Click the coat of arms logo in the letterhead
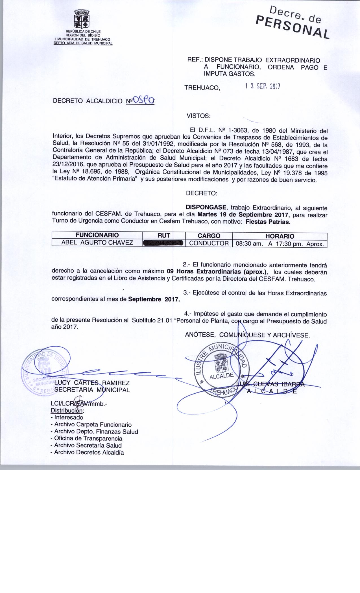(x=82, y=19)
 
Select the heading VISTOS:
(x=198, y=116)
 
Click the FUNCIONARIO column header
(x=97, y=235)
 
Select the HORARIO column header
(x=280, y=236)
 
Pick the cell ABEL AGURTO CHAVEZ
(x=97, y=243)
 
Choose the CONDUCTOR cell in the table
(x=209, y=243)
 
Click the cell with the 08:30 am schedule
(x=279, y=243)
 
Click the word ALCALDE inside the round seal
(x=221, y=376)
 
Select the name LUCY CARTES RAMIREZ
(x=92, y=383)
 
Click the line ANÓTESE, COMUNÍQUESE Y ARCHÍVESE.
(x=248, y=335)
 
